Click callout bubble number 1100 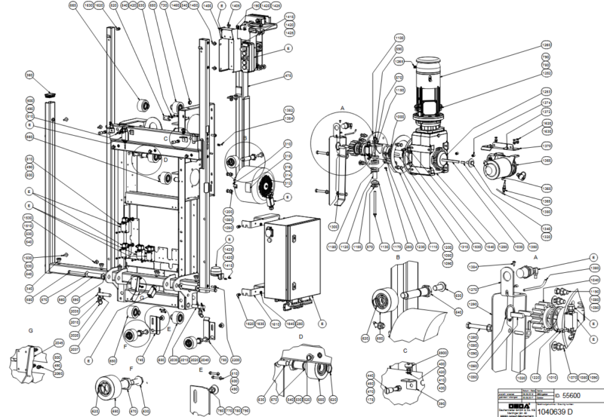[399, 37]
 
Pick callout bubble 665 [73, 5]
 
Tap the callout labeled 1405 [236, 5]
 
